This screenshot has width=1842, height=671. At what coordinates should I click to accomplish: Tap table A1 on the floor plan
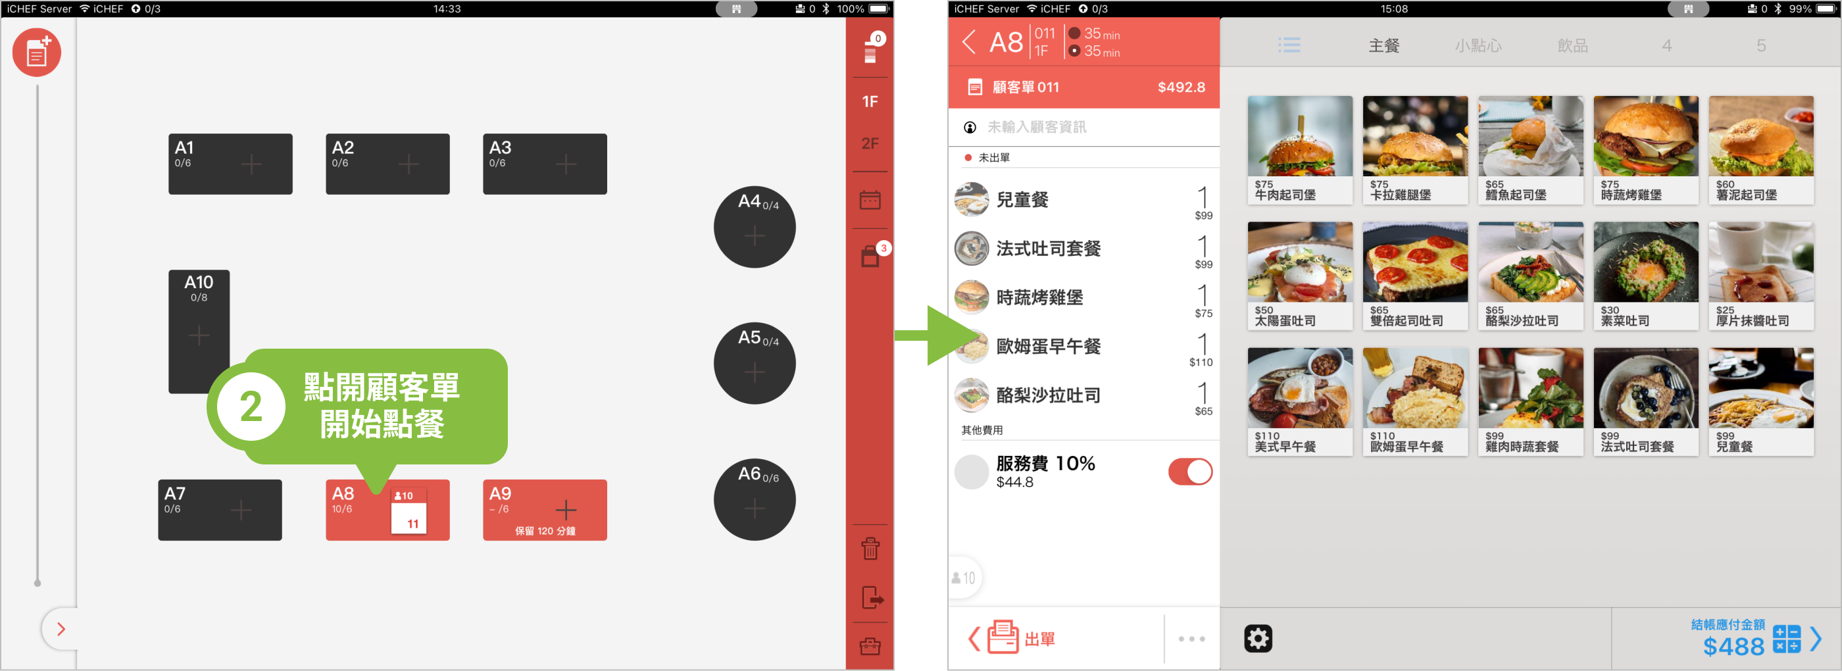pyautogui.click(x=230, y=164)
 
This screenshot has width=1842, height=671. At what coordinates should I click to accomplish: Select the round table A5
pyautogui.click(x=755, y=363)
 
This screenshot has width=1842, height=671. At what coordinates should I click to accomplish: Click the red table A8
pyautogui.click(x=387, y=510)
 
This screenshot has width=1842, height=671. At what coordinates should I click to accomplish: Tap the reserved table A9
pyautogui.click(x=545, y=510)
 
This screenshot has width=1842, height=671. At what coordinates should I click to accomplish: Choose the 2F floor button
pyautogui.click(x=870, y=143)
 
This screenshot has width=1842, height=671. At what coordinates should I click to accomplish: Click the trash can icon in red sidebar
pyautogui.click(x=870, y=549)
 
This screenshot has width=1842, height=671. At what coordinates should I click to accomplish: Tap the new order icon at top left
pyautogui.click(x=36, y=52)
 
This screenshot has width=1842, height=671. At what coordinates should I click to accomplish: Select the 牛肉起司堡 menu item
pyautogui.click(x=1300, y=150)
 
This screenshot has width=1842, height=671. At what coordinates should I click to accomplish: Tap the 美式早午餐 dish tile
pyautogui.click(x=1300, y=402)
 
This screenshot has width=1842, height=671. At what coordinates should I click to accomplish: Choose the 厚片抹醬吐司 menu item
pyautogui.click(x=1760, y=276)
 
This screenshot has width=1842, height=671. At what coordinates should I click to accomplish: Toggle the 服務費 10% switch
pyautogui.click(x=1190, y=472)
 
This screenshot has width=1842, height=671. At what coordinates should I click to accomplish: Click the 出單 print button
pyautogui.click(x=1021, y=638)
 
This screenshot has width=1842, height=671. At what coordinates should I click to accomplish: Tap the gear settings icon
pyautogui.click(x=1258, y=638)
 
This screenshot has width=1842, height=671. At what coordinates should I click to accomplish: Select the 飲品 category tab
pyautogui.click(x=1572, y=46)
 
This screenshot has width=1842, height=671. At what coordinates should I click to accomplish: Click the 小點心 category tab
pyautogui.click(x=1478, y=46)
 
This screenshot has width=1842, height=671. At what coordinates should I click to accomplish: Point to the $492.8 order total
pyautogui.click(x=1182, y=87)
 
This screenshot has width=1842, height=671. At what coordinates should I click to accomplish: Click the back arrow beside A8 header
pyautogui.click(x=969, y=42)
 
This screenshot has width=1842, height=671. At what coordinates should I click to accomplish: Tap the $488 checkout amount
pyautogui.click(x=1733, y=646)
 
